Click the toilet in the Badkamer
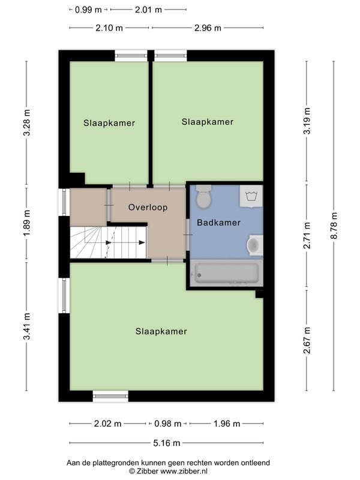tap(203, 196)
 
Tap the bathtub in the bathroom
tap(226, 273)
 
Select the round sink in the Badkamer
tap(254, 245)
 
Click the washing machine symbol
tap(251, 196)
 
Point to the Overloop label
tap(148, 207)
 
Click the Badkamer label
tap(218, 223)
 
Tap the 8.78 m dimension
tap(334, 226)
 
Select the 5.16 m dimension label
tap(167, 443)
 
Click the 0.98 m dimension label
tap(168, 424)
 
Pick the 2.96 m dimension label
tap(208, 28)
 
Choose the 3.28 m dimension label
tap(26, 122)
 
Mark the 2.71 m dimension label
tap(307, 235)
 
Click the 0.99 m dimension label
tap(88, 10)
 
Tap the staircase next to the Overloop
tap(108, 242)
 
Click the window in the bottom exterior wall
tap(110, 396)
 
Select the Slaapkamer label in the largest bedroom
tap(161, 331)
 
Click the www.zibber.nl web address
tap(184, 471)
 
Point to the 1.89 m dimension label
tap(26, 223)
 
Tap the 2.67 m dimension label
tap(307, 340)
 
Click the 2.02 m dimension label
tap(107, 424)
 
